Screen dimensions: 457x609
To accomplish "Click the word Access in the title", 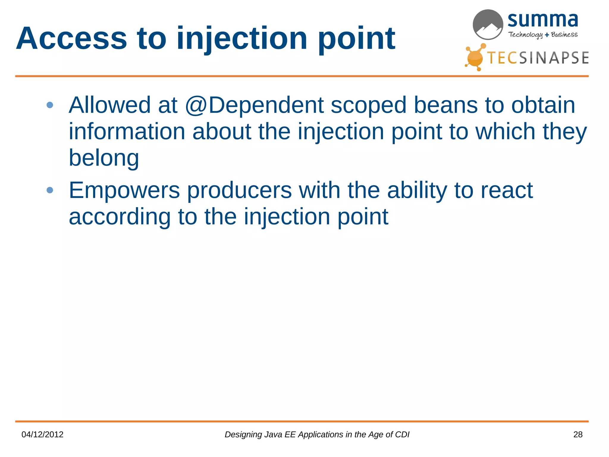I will (x=71, y=39).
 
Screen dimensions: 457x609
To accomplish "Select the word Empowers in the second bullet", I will (x=124, y=190).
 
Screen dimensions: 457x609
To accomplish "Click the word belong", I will (x=104, y=158).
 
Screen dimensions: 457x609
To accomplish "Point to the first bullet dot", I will (x=50, y=105).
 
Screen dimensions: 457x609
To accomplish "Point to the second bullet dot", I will (x=50, y=190).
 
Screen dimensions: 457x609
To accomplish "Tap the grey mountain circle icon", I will (x=488, y=25).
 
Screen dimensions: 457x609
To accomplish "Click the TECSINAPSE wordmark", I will (x=538, y=58).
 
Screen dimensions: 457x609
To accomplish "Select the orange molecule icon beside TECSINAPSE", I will (x=475, y=57).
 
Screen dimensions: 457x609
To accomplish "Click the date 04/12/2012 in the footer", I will (x=43, y=435).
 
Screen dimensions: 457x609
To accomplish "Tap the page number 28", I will (x=578, y=435).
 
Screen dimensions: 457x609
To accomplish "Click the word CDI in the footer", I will (x=402, y=435).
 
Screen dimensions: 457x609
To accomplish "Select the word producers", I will (x=239, y=190).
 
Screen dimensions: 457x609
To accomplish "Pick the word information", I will (x=127, y=132).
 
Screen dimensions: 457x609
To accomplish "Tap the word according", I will (x=120, y=217).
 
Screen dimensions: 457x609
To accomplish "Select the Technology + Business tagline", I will (x=543, y=35).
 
